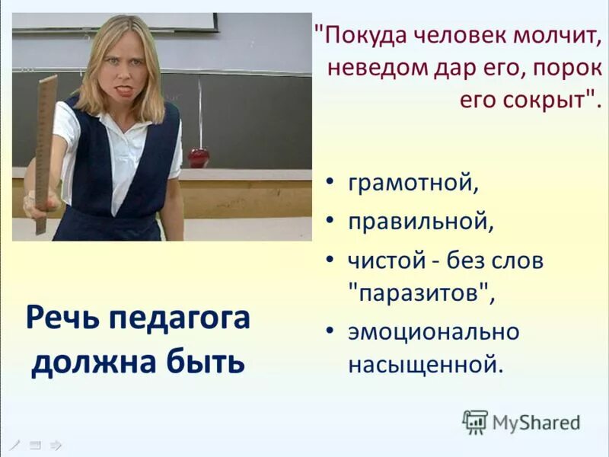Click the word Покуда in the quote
point(365,35)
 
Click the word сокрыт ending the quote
point(551,99)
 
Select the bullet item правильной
point(421,222)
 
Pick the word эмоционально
point(433,331)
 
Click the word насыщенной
point(426,364)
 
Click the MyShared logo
point(521,421)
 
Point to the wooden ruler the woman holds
point(45,145)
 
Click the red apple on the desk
point(198,158)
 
